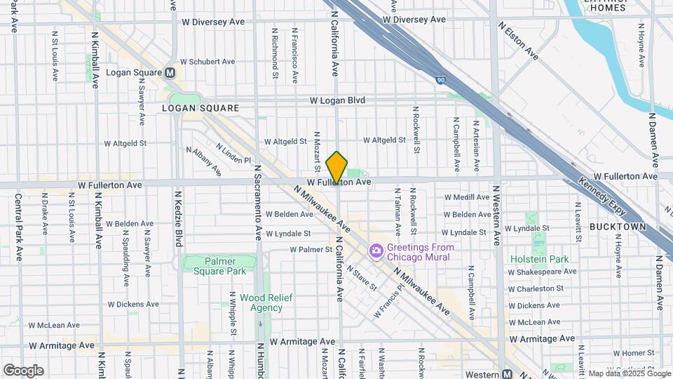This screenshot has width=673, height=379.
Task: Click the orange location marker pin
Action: (x=336, y=168)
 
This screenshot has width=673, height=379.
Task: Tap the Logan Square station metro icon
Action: (x=170, y=72)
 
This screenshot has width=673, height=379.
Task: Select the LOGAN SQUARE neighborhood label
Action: (x=200, y=108)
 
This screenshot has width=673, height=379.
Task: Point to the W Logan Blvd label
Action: (x=339, y=100)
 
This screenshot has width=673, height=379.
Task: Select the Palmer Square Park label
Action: (x=219, y=265)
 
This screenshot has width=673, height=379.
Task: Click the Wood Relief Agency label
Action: (x=261, y=302)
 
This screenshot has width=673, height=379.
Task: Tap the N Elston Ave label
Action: (x=519, y=39)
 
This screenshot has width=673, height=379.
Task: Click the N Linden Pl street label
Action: (x=233, y=154)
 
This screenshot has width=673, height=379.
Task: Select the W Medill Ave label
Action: (x=467, y=197)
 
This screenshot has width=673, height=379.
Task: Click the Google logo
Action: (x=23, y=370)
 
